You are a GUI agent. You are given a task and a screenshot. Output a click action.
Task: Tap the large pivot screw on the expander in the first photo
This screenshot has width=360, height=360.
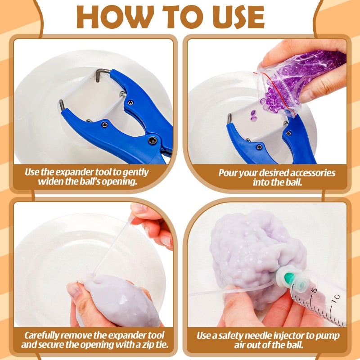(x=153, y=140)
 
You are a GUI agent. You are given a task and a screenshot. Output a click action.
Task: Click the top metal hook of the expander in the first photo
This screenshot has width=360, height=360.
(x=103, y=72)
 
